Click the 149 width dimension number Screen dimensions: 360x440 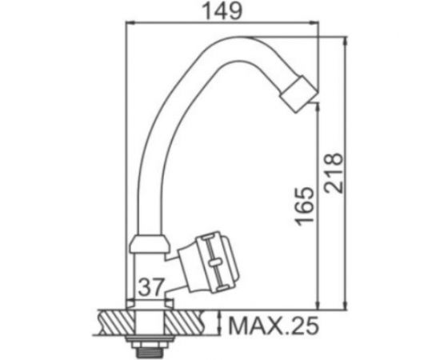(x=224, y=13)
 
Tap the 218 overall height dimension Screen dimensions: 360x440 (x=336, y=173)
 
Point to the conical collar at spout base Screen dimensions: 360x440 (x=148, y=240)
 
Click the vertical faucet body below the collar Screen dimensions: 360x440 (x=148, y=268)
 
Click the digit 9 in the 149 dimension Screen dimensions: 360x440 (x=243, y=13)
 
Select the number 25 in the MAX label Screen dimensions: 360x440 (x=304, y=326)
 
